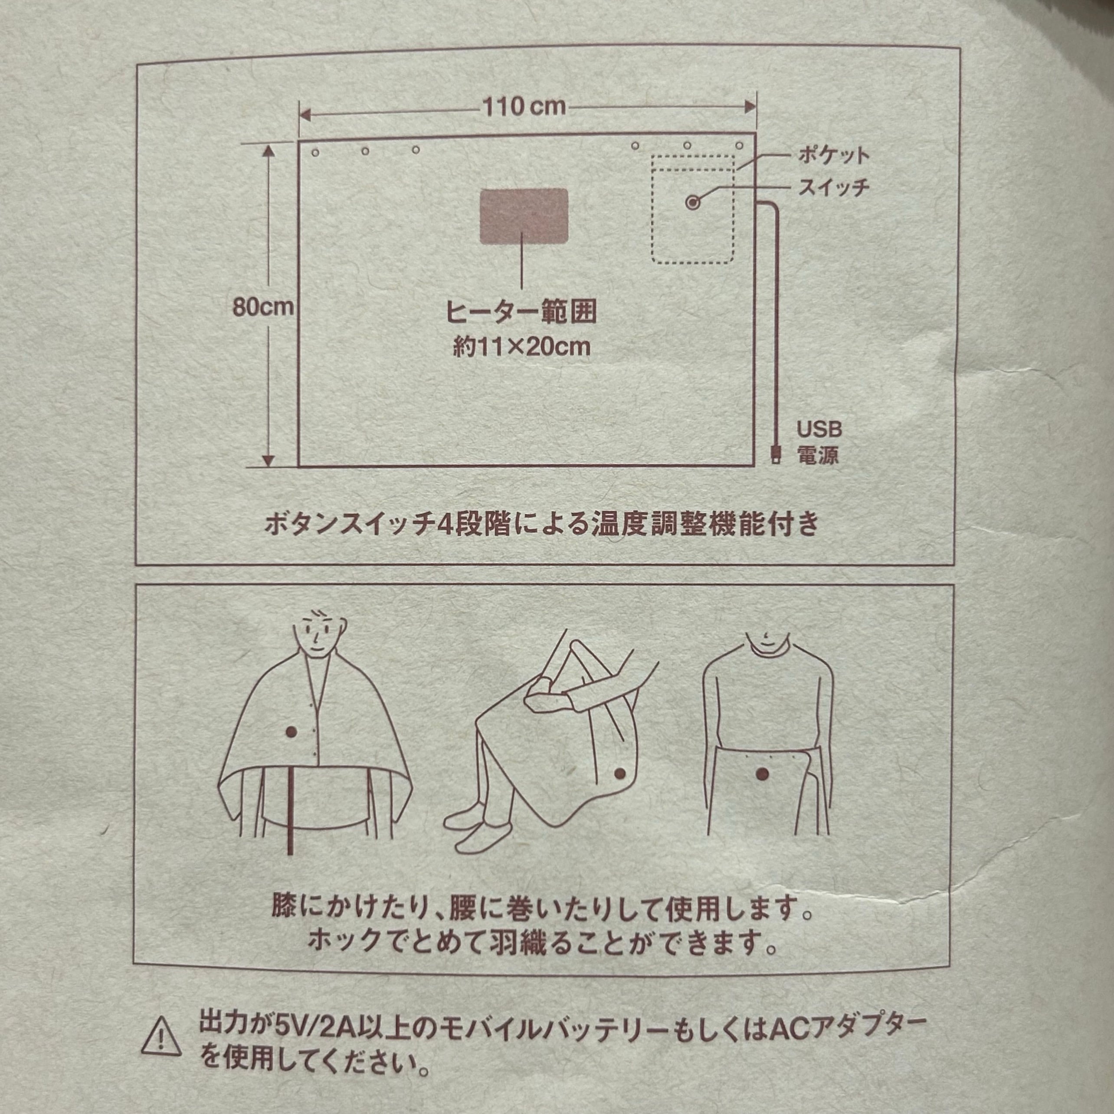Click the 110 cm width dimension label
[524, 107]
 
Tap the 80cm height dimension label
[263, 307]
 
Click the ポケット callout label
[833, 155]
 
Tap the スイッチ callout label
[833, 187]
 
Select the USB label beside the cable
[819, 429]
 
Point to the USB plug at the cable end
[774, 453]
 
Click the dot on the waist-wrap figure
[762, 774]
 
